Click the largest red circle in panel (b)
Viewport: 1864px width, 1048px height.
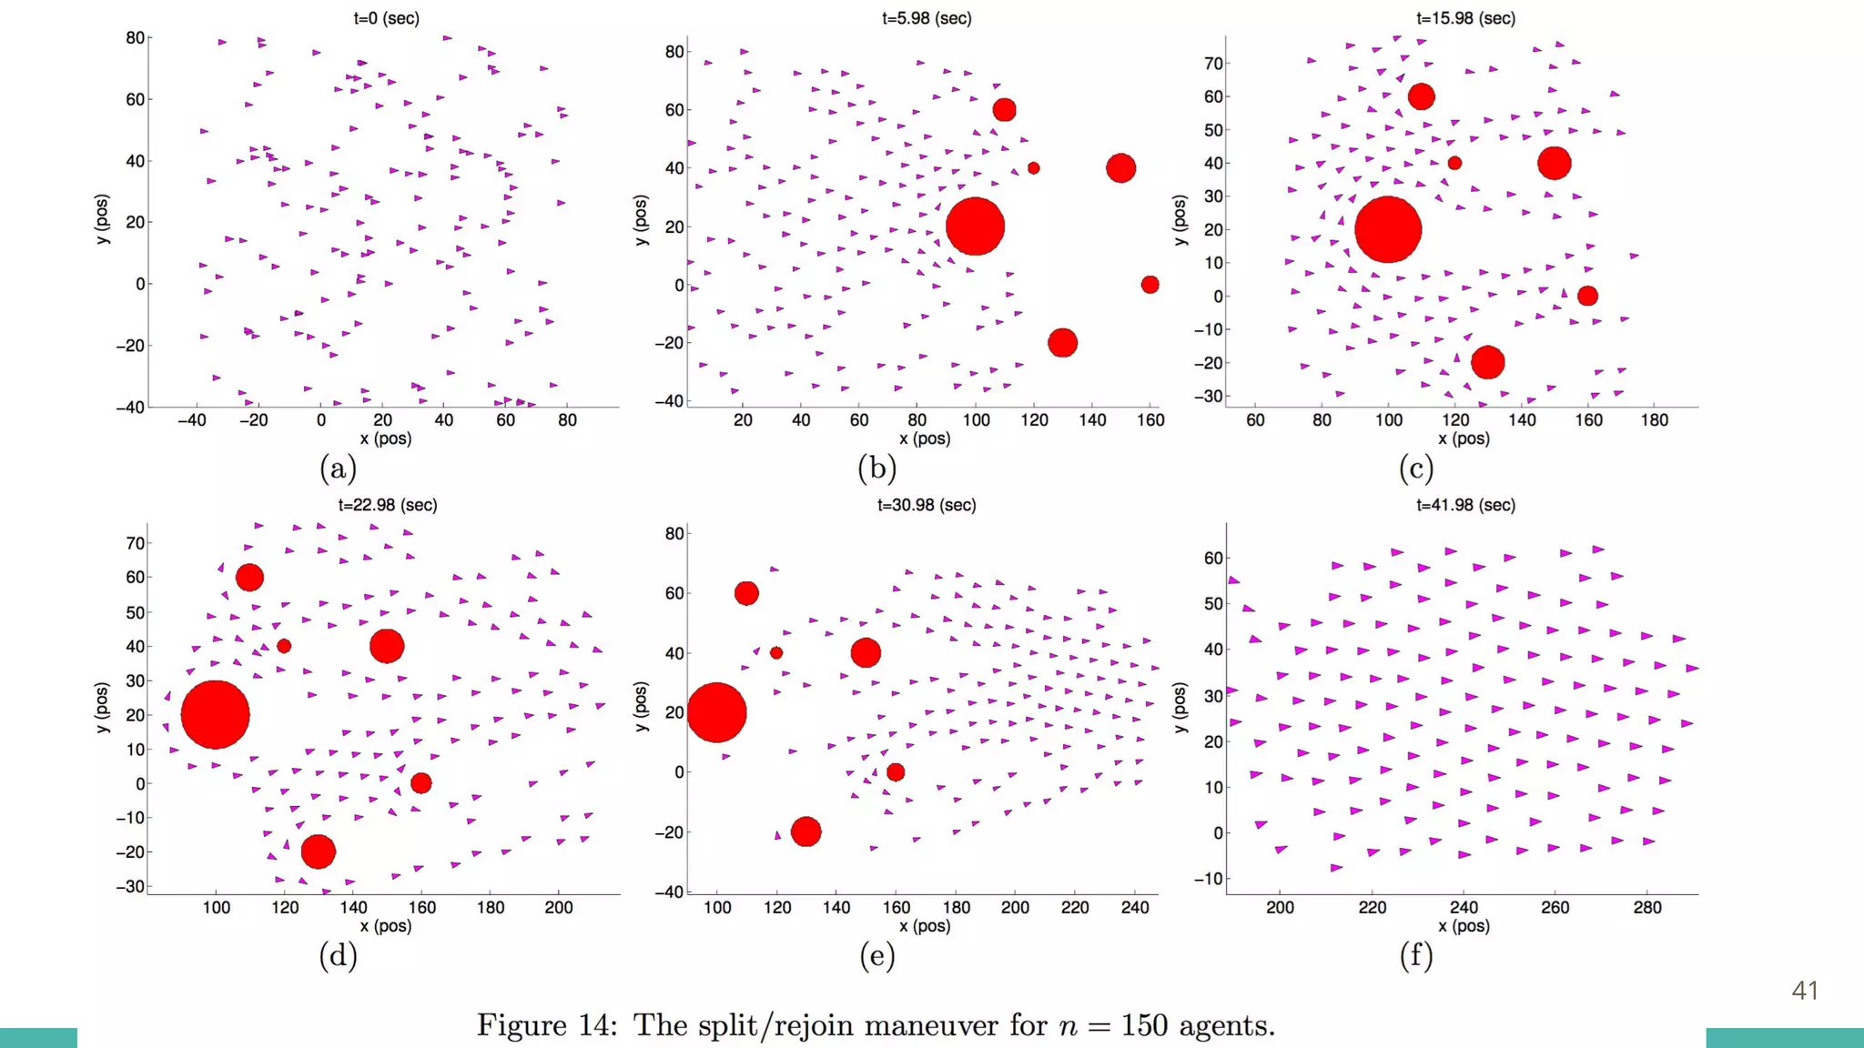click(975, 227)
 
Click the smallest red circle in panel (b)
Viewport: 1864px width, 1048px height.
click(1033, 168)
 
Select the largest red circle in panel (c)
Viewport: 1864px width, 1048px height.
click(1387, 229)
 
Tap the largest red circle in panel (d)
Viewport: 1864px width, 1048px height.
click(215, 715)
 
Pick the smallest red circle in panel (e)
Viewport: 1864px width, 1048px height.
click(776, 653)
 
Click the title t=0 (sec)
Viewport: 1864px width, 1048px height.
click(387, 18)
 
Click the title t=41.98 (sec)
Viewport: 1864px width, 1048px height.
click(1465, 505)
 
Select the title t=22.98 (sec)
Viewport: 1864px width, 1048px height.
click(388, 505)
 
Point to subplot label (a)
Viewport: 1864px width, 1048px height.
click(338, 469)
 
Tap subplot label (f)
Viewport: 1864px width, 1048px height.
click(1416, 955)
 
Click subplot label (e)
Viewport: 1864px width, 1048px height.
click(877, 955)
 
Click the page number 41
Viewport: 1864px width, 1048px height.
click(1805, 991)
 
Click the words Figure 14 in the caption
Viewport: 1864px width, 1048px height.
click(547, 1025)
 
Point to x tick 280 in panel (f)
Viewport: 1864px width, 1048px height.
click(1647, 907)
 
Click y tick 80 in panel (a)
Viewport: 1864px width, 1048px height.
click(135, 37)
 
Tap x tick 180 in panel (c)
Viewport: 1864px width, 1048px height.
click(1655, 420)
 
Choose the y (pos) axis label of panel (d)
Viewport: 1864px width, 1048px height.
click(102, 707)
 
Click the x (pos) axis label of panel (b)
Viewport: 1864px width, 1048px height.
click(925, 438)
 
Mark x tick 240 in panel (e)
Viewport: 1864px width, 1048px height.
click(1135, 907)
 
